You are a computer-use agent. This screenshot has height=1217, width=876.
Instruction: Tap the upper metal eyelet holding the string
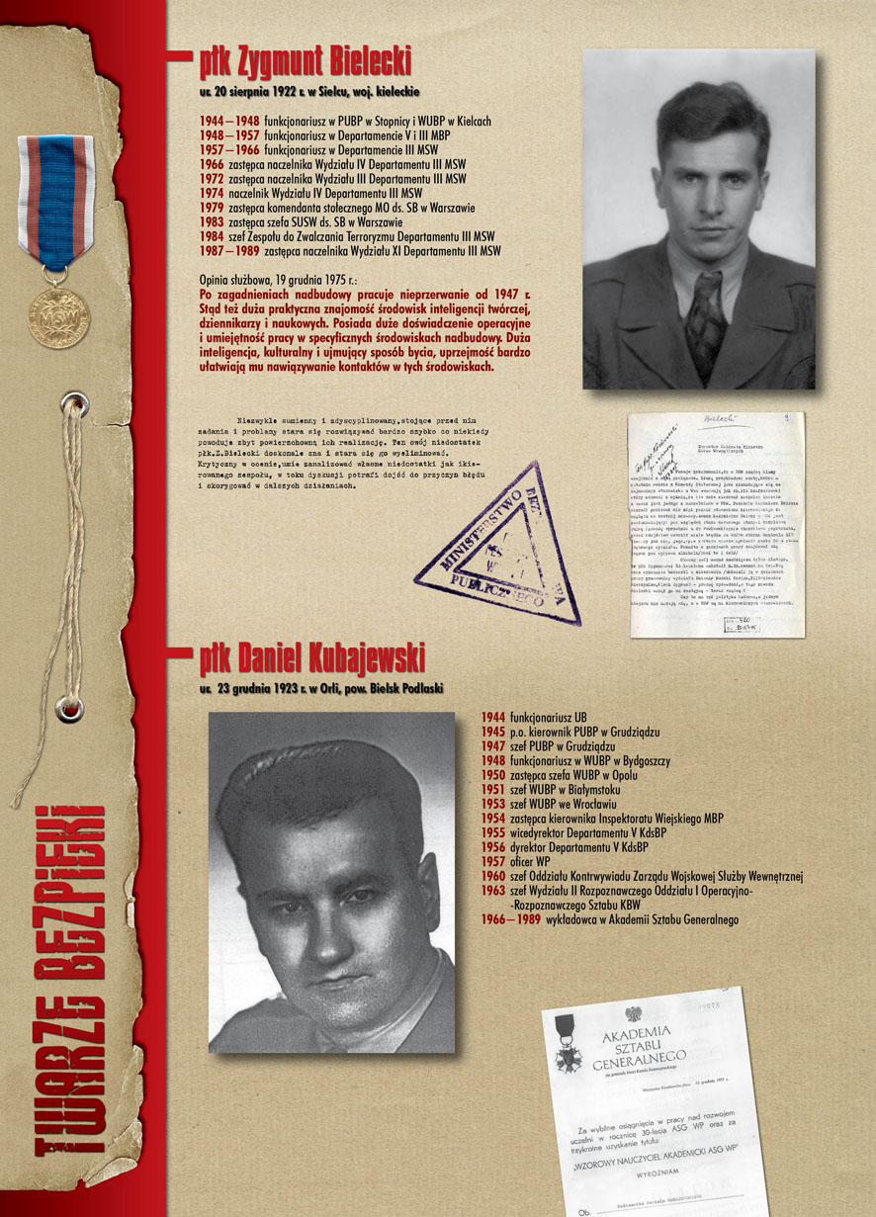72,403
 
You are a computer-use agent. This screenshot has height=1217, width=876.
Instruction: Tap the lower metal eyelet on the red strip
69,708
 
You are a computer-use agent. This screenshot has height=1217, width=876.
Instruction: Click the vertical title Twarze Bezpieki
68,979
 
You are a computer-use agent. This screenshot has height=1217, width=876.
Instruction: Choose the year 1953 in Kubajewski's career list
493,805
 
